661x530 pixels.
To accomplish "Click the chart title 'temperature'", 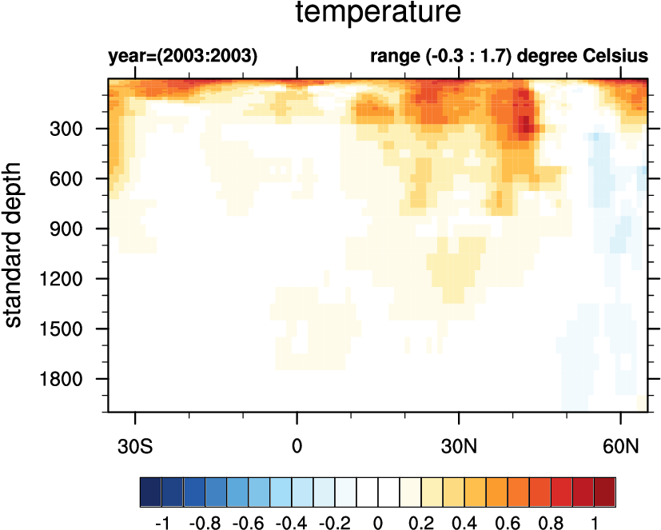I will tap(378, 14).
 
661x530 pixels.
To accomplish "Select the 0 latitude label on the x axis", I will tap(297, 444).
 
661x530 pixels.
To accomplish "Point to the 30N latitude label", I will tap(459, 444).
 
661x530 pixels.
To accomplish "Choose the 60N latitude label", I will tap(621, 444).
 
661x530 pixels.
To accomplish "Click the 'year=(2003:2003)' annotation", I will tap(182, 57).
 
